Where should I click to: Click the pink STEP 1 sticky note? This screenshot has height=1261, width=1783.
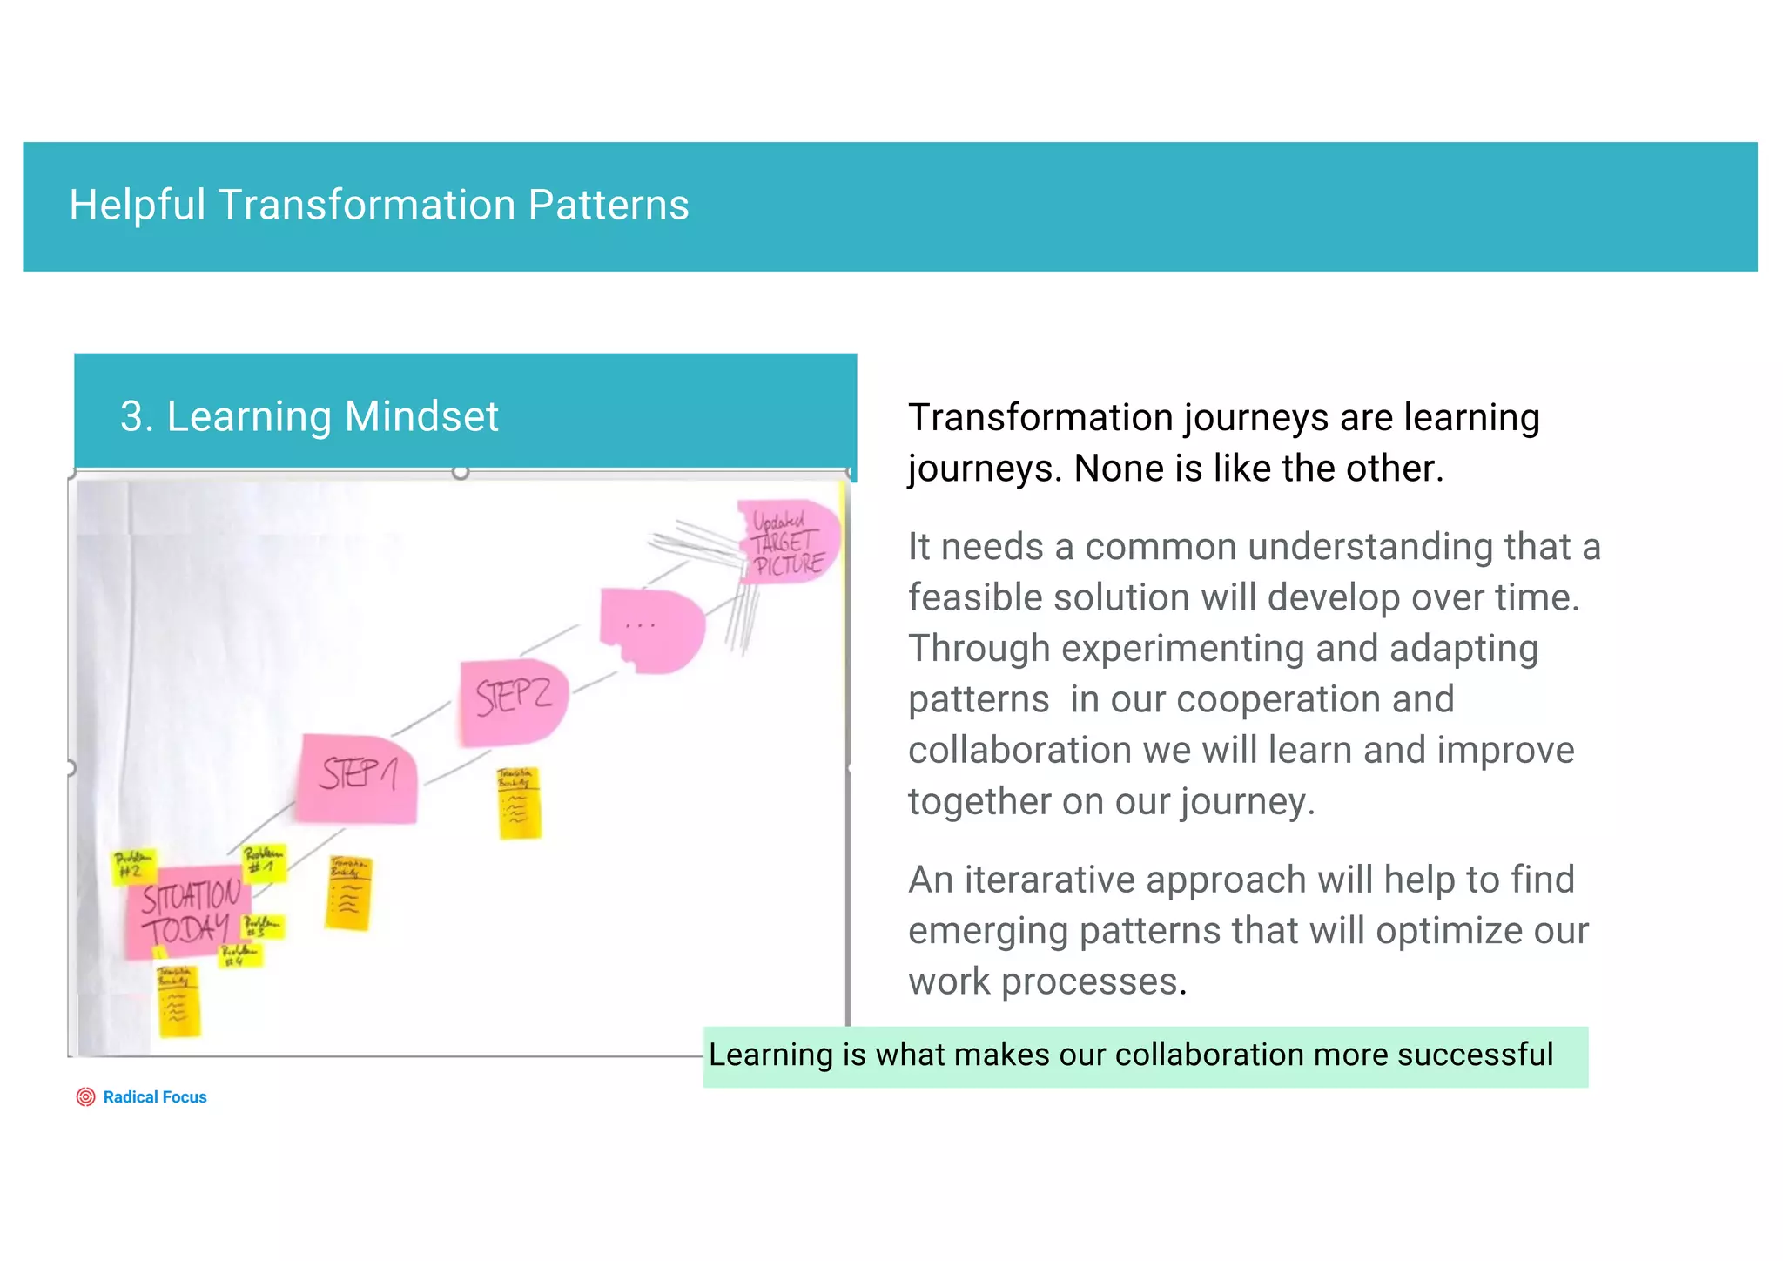(357, 778)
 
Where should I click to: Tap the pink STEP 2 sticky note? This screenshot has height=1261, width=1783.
(514, 701)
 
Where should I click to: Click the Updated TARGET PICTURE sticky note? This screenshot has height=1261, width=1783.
(788, 542)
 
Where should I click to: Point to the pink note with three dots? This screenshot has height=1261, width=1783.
(652, 629)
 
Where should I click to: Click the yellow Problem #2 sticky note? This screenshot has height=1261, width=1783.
(133, 866)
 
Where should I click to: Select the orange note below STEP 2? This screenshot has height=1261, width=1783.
(520, 803)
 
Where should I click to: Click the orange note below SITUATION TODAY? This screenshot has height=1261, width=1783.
(178, 1001)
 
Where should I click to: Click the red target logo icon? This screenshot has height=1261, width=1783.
(85, 1097)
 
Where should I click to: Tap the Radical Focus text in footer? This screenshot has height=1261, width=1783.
(155, 1097)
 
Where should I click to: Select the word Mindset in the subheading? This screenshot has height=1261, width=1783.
(421, 416)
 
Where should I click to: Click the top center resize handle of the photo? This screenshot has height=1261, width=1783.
(461, 472)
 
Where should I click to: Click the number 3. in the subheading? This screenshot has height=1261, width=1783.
(137, 416)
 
